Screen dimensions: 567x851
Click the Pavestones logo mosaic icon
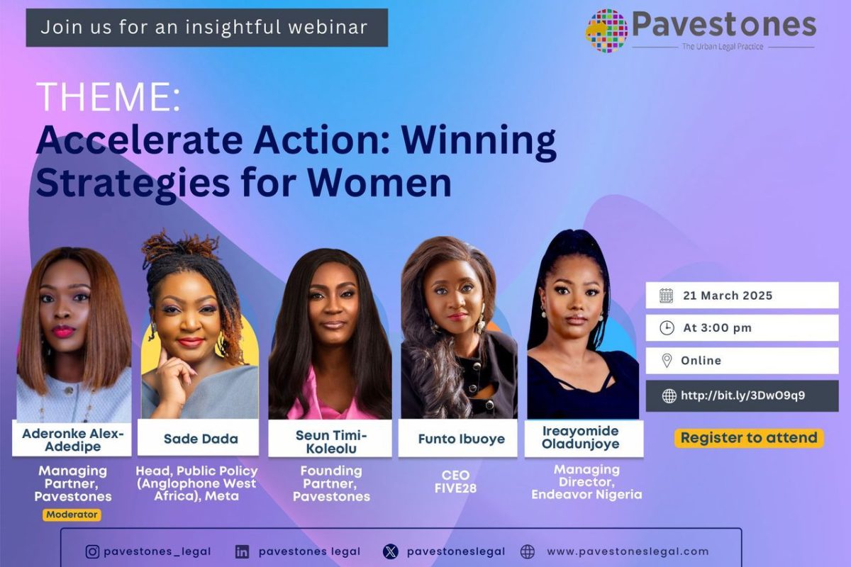606,30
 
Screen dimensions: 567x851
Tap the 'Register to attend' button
748,438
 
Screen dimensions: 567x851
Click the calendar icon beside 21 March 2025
666,296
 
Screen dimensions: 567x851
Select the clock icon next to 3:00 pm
667,328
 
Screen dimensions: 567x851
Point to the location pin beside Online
667,361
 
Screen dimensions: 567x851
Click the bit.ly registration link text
742,396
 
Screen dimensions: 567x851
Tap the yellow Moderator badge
72,515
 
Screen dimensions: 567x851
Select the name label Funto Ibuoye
461,439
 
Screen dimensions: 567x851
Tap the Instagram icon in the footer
92,551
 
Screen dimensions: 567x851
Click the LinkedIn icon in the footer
243,551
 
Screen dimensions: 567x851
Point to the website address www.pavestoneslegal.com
627,551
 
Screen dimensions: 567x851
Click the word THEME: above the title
108,98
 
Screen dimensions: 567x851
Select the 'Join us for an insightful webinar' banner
206,28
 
